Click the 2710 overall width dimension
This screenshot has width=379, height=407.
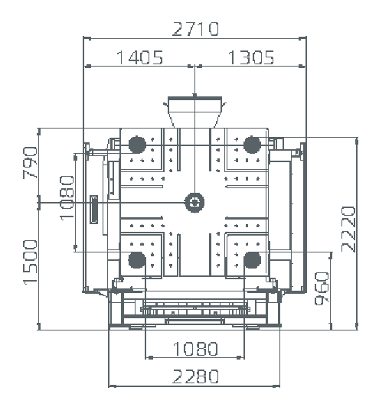click(x=195, y=29)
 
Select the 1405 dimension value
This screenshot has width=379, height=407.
click(x=140, y=57)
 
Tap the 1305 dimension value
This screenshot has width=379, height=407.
click(x=251, y=57)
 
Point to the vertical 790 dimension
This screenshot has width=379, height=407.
click(x=30, y=163)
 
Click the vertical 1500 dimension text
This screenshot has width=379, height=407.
click(x=31, y=262)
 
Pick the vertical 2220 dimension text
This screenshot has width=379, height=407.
click(x=348, y=230)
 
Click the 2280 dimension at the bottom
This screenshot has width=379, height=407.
click(x=195, y=376)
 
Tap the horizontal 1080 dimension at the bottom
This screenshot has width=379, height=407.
click(x=195, y=349)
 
